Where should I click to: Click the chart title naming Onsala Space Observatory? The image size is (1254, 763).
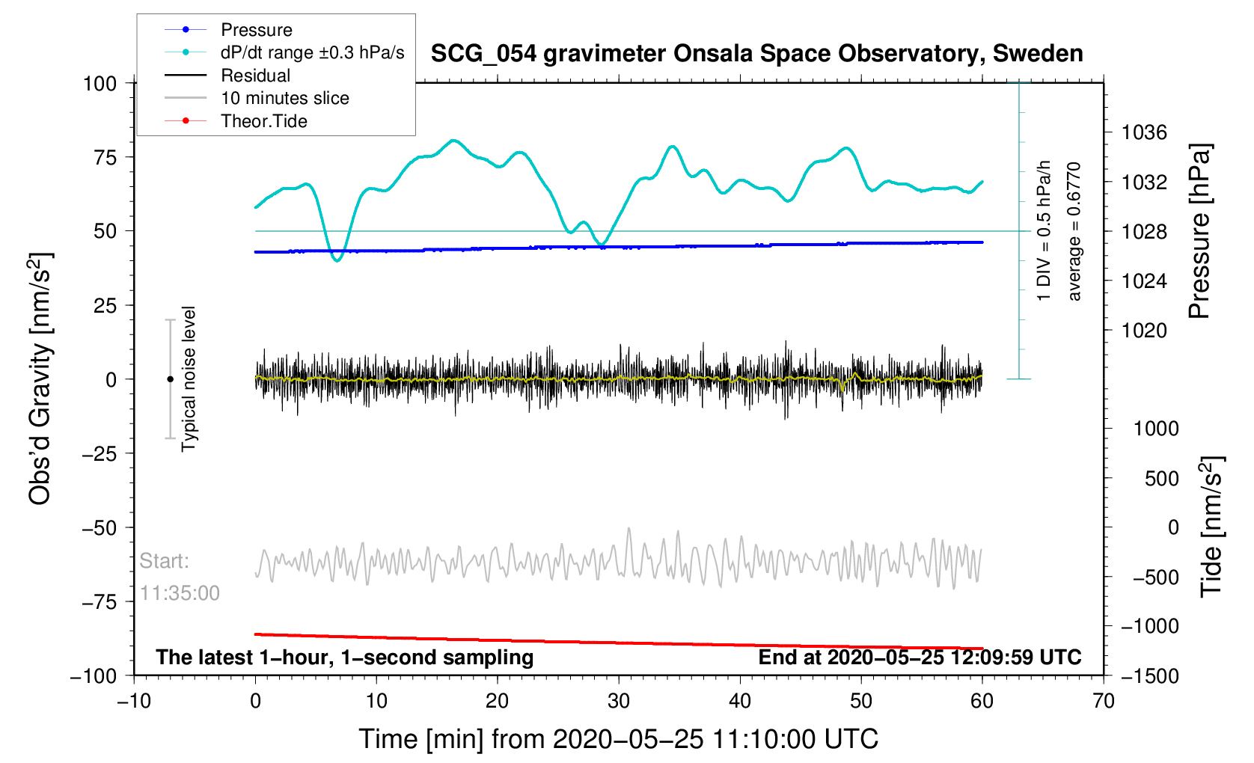coord(756,54)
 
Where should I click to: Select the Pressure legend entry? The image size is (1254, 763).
coord(256,30)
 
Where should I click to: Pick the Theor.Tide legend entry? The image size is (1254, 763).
coord(263,121)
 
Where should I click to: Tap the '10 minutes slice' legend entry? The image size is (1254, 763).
coord(284,98)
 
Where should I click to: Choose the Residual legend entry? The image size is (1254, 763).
coord(255,76)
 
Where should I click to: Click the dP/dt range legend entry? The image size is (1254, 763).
coord(312,52)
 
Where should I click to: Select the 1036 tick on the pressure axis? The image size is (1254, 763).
coord(1144,133)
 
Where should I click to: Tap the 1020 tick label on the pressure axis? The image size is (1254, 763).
coord(1144,331)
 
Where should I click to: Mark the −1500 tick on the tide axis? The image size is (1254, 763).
coord(1149,675)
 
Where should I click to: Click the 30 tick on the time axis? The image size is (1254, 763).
coord(619,701)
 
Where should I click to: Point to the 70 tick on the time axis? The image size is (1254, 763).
coord(1103,701)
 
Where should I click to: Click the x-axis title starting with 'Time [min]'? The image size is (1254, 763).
coord(618,739)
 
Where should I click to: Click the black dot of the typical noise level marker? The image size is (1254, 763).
coord(170,379)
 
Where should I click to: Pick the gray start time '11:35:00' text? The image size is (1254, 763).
coord(180,593)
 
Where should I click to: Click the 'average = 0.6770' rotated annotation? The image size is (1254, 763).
coord(1074,232)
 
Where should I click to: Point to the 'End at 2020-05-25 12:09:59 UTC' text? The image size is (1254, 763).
coord(920,658)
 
